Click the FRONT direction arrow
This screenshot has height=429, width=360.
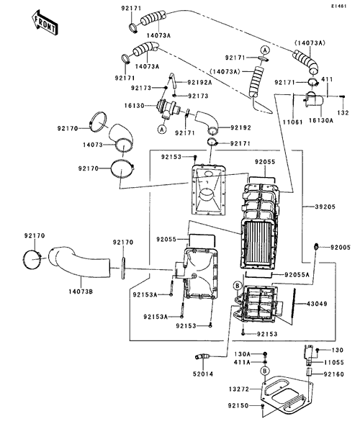(44, 24)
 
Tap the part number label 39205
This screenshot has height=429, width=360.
(325, 207)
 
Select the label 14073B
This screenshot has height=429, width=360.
(81, 292)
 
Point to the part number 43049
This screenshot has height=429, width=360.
(317, 304)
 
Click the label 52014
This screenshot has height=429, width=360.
(203, 374)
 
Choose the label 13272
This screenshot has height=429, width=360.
(239, 389)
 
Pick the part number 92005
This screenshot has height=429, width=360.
(341, 248)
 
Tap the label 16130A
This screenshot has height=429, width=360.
(321, 120)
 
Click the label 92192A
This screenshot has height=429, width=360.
(199, 82)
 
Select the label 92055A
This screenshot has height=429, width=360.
(297, 274)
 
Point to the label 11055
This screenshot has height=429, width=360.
(334, 363)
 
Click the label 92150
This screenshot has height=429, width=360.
(238, 405)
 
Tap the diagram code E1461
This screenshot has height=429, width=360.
(338, 6)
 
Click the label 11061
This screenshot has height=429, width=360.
(292, 122)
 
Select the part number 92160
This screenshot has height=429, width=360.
(334, 374)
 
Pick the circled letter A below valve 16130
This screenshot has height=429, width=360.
(162, 129)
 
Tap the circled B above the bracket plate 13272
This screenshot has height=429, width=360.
(265, 371)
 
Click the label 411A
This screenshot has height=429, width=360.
(242, 362)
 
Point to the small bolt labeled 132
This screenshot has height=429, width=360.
(342, 96)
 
